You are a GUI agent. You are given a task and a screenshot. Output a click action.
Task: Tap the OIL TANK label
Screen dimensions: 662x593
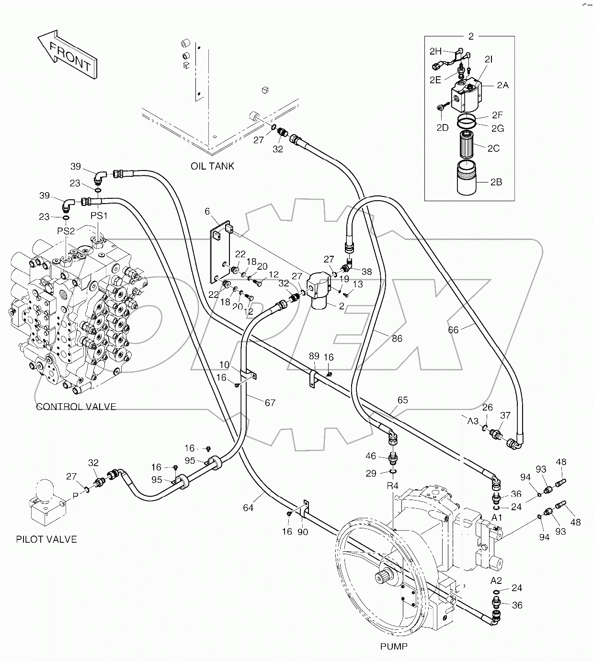[x=213, y=166]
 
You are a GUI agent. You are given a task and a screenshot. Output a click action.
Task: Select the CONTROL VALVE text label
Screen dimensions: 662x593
[x=76, y=407]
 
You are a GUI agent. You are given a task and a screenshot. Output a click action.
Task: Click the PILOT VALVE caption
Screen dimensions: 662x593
[x=46, y=539]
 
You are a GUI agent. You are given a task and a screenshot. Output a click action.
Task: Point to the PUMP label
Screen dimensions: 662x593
[x=394, y=647]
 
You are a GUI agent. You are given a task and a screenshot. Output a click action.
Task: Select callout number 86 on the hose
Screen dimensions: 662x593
[x=397, y=339]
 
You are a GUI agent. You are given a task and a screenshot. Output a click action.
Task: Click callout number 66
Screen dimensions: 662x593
[x=453, y=330]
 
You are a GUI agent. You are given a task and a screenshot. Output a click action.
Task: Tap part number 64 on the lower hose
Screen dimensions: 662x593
[x=248, y=508]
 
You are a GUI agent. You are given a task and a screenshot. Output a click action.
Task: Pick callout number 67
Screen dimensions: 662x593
[x=270, y=403]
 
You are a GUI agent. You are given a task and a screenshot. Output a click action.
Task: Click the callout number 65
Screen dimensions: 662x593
[x=402, y=400]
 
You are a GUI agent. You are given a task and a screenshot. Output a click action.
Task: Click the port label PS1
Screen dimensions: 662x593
[x=100, y=216]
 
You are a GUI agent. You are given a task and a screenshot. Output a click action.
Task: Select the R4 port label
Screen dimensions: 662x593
[x=392, y=486]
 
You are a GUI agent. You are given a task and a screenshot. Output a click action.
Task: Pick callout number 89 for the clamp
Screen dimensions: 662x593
[x=314, y=356]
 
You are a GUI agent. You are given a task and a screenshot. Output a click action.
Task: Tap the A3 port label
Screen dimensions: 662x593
[x=473, y=421]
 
